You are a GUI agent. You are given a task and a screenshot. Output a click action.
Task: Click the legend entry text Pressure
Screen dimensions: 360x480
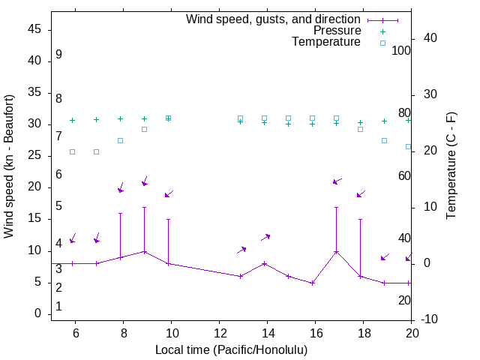click(x=337, y=31)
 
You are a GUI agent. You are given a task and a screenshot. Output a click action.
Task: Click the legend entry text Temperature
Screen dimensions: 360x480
click(x=326, y=42)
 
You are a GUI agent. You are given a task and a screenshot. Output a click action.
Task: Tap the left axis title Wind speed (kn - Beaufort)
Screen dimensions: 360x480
click(x=9, y=166)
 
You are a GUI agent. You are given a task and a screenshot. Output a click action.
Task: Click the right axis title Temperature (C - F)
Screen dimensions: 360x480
click(x=451, y=166)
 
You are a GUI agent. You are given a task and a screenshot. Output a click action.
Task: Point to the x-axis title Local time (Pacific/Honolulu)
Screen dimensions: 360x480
click(x=231, y=349)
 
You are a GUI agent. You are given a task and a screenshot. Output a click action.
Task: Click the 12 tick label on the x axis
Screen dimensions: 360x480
click(x=219, y=334)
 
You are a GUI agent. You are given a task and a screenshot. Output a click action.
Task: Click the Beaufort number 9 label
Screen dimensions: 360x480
click(x=58, y=55)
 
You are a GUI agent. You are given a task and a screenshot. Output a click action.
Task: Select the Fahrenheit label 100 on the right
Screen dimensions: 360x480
click(x=402, y=51)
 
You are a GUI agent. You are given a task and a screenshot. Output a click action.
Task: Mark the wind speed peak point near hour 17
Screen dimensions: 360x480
click(x=336, y=251)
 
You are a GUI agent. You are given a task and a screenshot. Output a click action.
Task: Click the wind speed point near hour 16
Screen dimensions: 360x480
click(x=312, y=283)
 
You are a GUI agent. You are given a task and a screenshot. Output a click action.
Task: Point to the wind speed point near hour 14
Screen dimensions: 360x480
click(x=264, y=263)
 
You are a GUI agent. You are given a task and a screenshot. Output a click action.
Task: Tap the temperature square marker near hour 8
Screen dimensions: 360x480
click(x=120, y=140)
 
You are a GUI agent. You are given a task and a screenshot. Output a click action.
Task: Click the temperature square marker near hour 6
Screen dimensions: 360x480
click(x=72, y=151)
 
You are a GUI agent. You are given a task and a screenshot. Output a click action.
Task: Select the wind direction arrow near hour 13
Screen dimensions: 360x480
click(x=241, y=250)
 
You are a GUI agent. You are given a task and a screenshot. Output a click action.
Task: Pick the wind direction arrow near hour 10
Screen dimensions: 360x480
click(x=169, y=194)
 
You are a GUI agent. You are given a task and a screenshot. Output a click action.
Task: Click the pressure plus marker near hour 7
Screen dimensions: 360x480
click(x=96, y=119)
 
